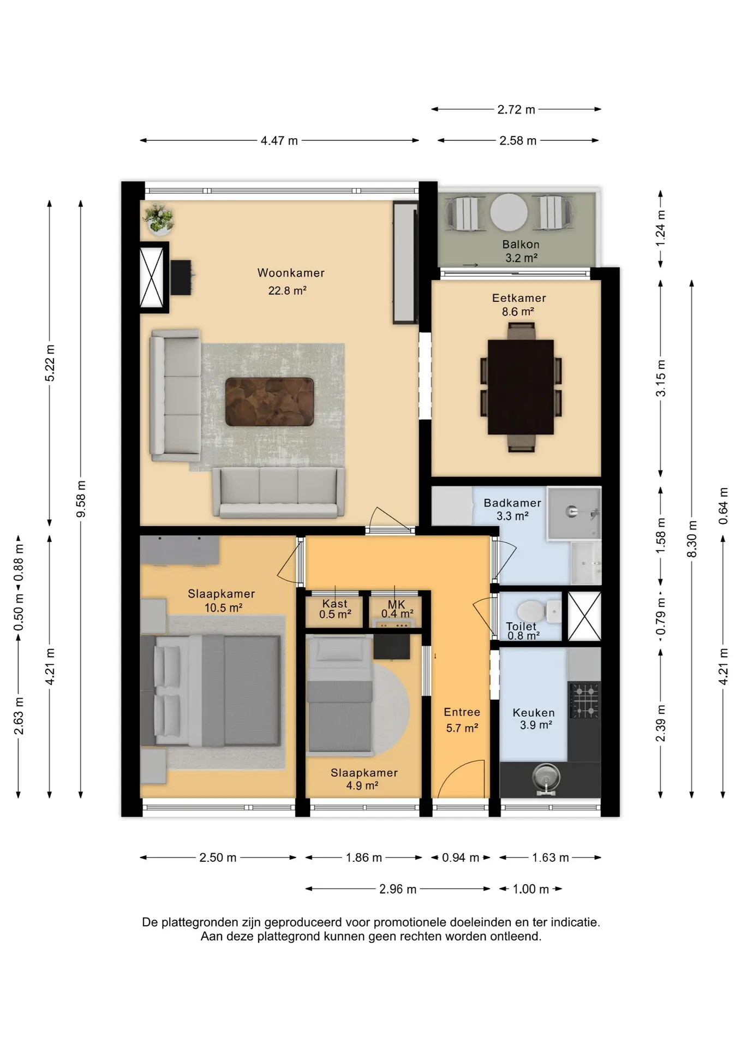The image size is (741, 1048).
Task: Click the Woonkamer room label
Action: tap(291, 273)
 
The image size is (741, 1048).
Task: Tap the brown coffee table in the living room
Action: tap(270, 402)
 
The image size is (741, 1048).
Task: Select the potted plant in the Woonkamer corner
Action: tap(159, 218)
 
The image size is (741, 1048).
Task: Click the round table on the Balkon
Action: tap(509, 212)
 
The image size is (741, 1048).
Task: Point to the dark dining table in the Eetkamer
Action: tap(521, 387)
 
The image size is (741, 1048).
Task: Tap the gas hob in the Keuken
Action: tap(584, 700)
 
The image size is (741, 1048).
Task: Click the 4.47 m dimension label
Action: tap(279, 141)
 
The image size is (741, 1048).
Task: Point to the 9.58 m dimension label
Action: tap(81, 499)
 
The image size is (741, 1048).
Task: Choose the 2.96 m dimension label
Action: tap(398, 889)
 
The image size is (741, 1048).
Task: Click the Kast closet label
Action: tap(334, 604)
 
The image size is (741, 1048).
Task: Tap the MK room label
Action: tap(397, 604)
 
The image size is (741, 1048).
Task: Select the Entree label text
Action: tap(462, 712)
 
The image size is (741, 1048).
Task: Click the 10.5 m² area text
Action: tap(223, 608)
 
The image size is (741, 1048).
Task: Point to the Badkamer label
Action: tap(512, 503)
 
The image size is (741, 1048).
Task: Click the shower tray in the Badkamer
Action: tap(574, 513)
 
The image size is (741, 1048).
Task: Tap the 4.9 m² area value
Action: tap(362, 786)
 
